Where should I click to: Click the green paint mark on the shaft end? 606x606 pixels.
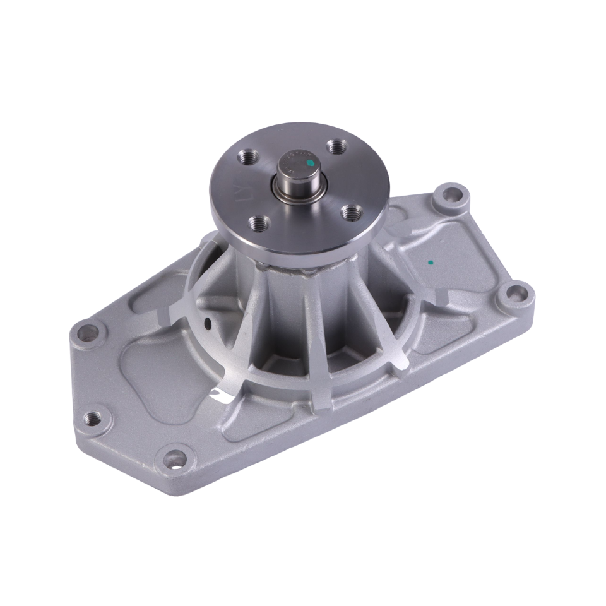pyautogui.click(x=309, y=162)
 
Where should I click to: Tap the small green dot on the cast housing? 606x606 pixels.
pyautogui.click(x=430, y=261)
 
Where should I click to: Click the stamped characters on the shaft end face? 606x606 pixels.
pyautogui.click(x=295, y=160)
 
